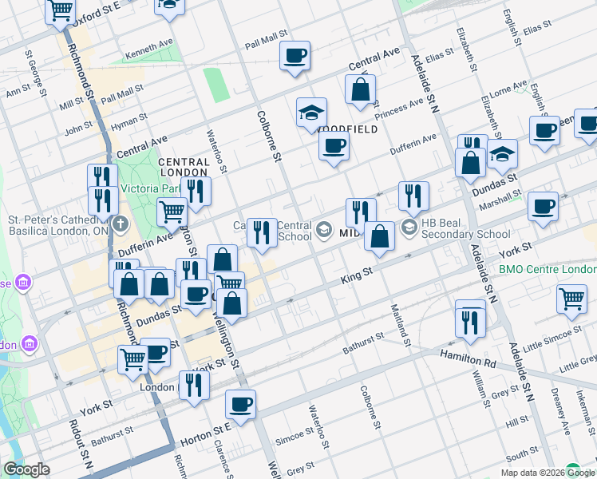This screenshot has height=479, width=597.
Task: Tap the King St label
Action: [358, 274]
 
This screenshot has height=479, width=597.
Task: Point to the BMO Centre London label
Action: [548, 269]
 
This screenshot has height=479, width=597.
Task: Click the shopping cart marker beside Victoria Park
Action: [172, 212]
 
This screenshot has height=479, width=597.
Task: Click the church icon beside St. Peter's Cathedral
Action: [121, 223]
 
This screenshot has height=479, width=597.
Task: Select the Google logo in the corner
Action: [27, 469]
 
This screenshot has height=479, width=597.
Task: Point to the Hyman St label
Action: [130, 121]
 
